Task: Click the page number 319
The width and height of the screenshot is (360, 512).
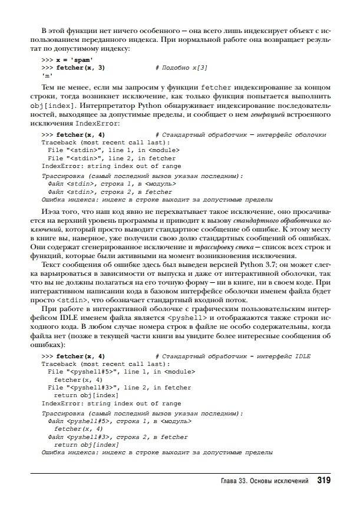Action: [x=323, y=481]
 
